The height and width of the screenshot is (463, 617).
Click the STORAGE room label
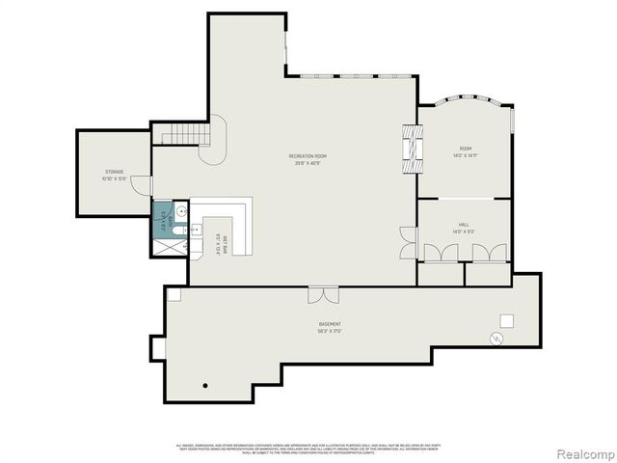click(x=115, y=175)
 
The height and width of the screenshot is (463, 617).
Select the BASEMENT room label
click(x=331, y=326)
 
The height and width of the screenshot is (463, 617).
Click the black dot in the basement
click(x=205, y=386)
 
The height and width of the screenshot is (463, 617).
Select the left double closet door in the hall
click(x=440, y=253)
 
